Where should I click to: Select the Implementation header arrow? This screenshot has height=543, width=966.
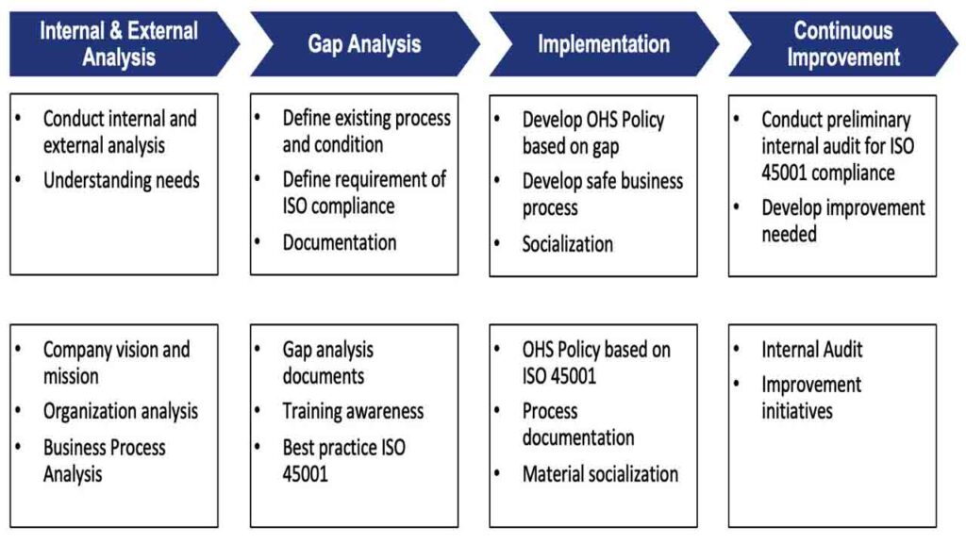point(604,43)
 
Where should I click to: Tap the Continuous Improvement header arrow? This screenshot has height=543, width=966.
point(842,43)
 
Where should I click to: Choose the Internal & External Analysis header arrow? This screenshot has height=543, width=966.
point(124,43)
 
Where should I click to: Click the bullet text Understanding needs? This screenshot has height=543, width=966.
point(122,180)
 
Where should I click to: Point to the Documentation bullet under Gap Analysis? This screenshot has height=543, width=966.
point(340,242)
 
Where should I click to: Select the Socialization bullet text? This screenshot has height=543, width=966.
point(567,244)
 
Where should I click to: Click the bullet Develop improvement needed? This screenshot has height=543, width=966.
point(842,221)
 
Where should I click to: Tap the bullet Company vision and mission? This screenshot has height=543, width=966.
point(116,363)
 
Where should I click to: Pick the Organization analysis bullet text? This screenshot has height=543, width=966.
point(121,411)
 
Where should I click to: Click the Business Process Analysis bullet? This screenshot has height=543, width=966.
point(104,460)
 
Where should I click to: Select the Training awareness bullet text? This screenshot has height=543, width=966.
point(353,411)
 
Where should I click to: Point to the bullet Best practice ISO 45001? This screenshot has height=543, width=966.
point(343,460)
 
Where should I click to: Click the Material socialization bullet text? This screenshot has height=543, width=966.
point(600,474)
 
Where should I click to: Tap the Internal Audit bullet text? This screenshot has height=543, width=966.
point(812,350)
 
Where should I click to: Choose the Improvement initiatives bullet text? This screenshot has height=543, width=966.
point(811,398)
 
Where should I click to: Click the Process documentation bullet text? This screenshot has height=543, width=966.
point(578,424)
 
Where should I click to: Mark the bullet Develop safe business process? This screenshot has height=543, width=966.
point(603,194)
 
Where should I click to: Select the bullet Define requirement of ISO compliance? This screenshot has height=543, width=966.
point(364,192)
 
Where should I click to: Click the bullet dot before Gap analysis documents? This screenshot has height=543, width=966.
point(258,349)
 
